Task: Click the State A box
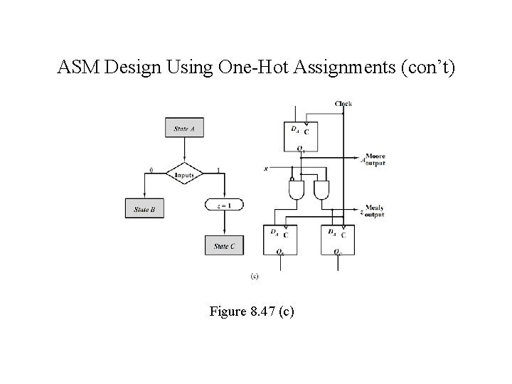[x=185, y=129]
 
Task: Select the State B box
[x=144, y=210]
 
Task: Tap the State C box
[x=224, y=246]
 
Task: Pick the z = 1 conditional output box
[x=224, y=205]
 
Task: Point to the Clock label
[x=343, y=104]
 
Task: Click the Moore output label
[x=374, y=159]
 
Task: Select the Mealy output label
[x=373, y=210]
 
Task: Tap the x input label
[x=265, y=169]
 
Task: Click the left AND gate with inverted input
[x=295, y=190]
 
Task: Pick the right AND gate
[x=321, y=190]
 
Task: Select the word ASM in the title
[x=75, y=68]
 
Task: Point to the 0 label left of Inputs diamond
[x=150, y=170]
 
